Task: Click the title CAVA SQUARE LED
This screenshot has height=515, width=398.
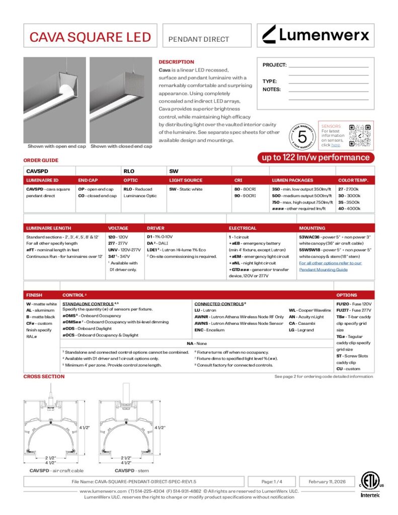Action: pyautogui.click(x=90, y=37)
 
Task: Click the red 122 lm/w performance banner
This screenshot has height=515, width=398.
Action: pyautogui.click(x=316, y=157)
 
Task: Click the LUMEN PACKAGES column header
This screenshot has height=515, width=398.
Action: pyautogui.click(x=292, y=180)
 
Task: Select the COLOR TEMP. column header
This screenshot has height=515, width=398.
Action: pyautogui.click(x=353, y=180)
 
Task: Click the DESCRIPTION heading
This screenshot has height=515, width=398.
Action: pyautogui.click(x=176, y=62)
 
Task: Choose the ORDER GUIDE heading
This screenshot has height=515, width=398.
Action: pyautogui.click(x=41, y=160)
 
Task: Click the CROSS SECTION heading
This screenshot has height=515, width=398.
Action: pyautogui.click(x=44, y=376)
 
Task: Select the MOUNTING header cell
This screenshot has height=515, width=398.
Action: pyautogui.click(x=312, y=228)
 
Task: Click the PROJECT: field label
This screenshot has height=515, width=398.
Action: pyautogui.click(x=274, y=65)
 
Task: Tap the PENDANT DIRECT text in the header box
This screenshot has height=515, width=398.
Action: pyautogui.click(x=198, y=39)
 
